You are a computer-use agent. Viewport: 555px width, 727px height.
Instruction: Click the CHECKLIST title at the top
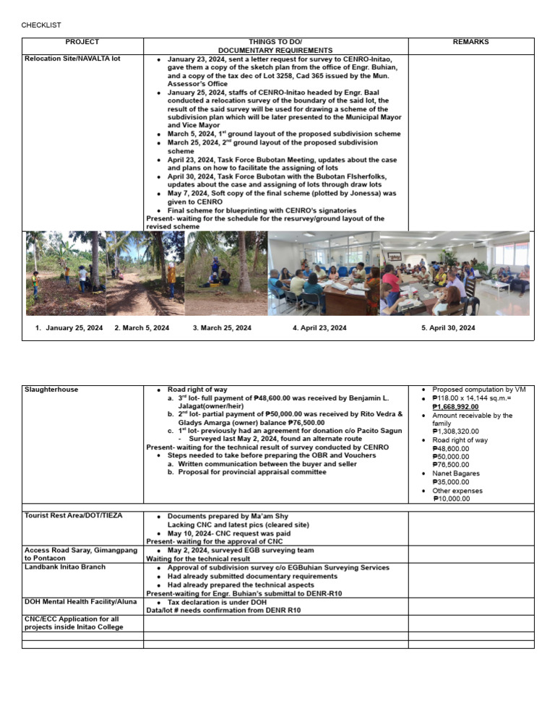41,25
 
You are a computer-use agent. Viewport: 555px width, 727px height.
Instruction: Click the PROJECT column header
82,42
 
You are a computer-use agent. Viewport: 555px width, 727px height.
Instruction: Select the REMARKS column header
470,42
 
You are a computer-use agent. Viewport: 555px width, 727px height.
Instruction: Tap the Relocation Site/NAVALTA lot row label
72,59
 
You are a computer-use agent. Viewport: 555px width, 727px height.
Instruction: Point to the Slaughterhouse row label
51,390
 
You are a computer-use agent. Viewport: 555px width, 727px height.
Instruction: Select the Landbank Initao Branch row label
64,567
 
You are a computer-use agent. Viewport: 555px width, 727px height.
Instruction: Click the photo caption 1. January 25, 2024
69,328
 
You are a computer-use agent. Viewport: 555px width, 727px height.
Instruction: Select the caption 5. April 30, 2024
448,328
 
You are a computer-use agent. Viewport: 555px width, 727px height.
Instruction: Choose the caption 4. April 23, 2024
319,328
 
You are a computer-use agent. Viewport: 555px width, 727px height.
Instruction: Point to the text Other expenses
457,491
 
